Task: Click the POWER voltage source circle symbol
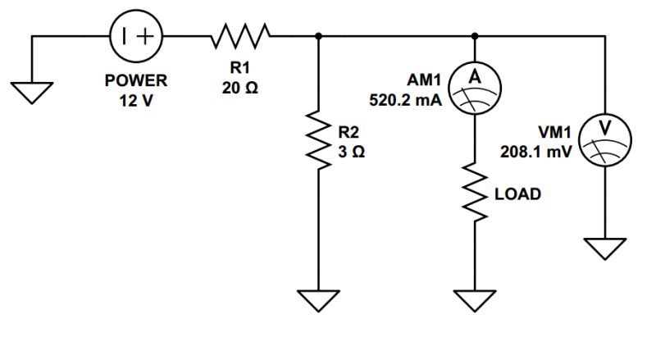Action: pyautogui.click(x=136, y=36)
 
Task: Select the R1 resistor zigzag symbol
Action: pyautogui.click(x=239, y=36)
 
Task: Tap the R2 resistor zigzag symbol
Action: pyautogui.click(x=318, y=137)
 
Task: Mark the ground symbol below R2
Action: pyautogui.click(x=318, y=299)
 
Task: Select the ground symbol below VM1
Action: pyautogui.click(x=604, y=246)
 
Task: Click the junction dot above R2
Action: pyautogui.click(x=318, y=36)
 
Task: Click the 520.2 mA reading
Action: pyautogui.click(x=407, y=101)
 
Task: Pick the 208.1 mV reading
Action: pyautogui.click(x=537, y=151)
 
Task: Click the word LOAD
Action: pyautogui.click(x=517, y=195)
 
